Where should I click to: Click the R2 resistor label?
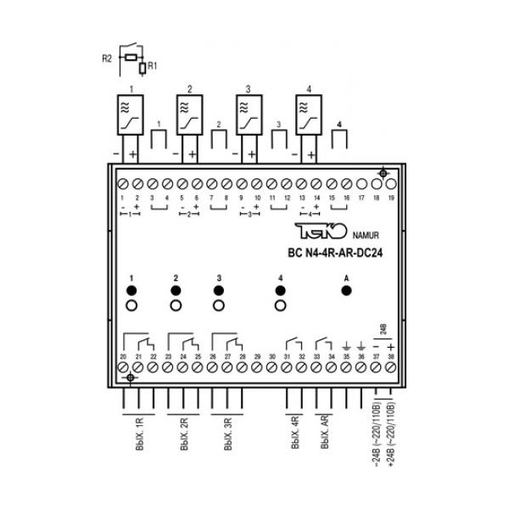tap(107, 59)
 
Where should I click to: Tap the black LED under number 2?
tap(176, 291)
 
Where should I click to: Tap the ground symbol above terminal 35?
tap(346, 346)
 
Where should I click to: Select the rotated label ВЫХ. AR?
tap(324, 433)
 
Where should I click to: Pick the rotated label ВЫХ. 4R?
tap(294, 433)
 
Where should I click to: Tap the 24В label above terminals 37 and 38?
tap(383, 327)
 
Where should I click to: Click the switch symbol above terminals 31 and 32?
tap(294, 344)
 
